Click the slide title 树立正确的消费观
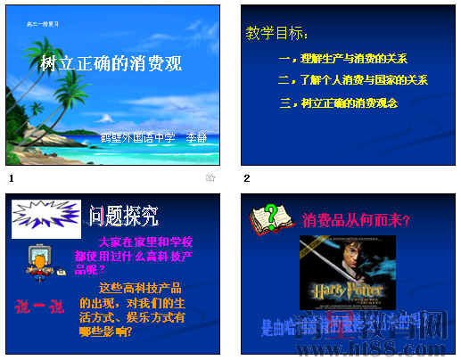click(x=111, y=65)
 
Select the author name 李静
click(x=196, y=138)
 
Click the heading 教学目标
click(x=277, y=34)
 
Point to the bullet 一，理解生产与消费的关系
click(x=342, y=59)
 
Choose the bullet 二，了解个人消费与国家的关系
click(x=352, y=80)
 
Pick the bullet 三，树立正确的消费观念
click(x=338, y=103)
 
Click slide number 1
click(x=11, y=178)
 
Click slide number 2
click(x=247, y=178)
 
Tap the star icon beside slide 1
click(x=211, y=178)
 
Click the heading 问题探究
click(x=124, y=215)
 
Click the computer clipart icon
click(x=37, y=260)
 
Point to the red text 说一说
click(x=39, y=307)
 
